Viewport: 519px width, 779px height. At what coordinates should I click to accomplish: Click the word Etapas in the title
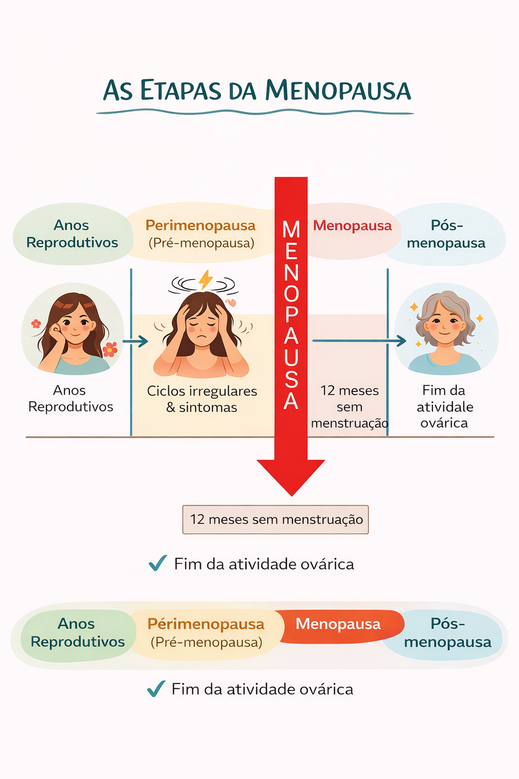coord(181,91)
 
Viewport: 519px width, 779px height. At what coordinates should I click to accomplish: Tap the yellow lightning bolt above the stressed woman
coord(205,279)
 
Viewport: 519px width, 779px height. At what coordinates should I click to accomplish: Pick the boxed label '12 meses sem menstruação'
coord(276,519)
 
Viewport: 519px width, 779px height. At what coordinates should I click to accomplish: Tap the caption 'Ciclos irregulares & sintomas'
coord(202,399)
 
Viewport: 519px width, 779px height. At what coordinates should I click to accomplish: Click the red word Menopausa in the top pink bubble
coord(352,226)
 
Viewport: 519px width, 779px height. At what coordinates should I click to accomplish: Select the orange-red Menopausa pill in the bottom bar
coord(339,624)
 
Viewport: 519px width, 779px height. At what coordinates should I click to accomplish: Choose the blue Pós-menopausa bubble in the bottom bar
coord(448,633)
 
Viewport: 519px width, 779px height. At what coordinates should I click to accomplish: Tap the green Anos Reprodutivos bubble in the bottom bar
coord(78,633)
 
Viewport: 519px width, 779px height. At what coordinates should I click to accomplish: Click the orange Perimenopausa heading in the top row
coord(200,225)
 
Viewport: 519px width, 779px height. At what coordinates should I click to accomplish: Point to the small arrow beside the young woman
coord(135,341)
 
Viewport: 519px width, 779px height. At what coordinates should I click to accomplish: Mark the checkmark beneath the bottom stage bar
coord(156,689)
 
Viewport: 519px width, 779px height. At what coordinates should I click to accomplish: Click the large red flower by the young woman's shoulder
coord(110,349)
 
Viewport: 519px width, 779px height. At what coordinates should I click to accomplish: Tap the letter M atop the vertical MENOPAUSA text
coord(291,230)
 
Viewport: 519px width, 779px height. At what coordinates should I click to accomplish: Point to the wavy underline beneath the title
coord(255,112)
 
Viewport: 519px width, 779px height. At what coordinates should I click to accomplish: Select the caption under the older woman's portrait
coord(444,406)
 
